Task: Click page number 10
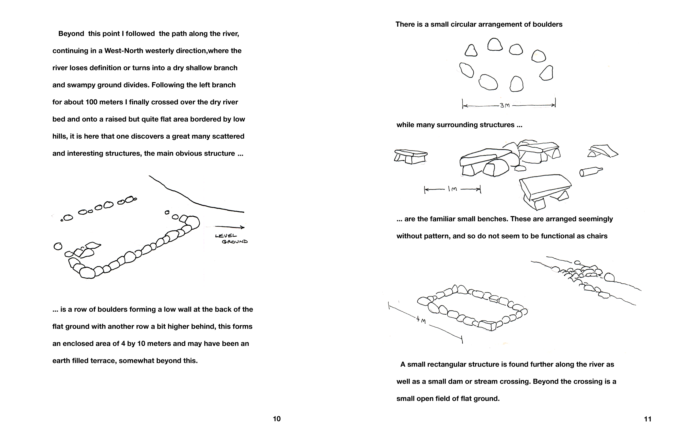pos(277,419)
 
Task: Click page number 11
pos(648,419)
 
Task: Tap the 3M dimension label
pos(505,105)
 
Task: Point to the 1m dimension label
pos(453,189)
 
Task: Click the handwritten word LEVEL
pos(226,236)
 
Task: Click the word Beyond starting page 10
pos(71,34)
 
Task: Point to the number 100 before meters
pos(91,102)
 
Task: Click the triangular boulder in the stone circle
pos(471,51)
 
